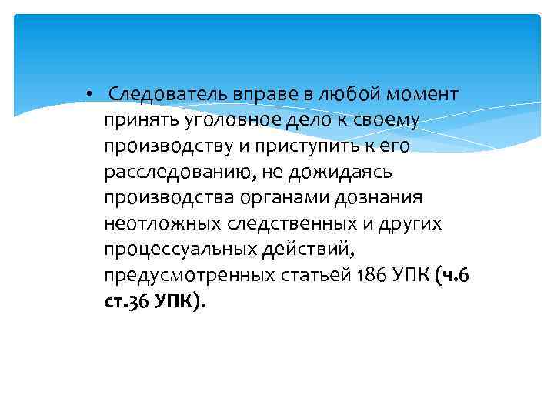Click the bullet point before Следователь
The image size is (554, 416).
pos(90,95)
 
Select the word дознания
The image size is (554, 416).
pos(379,198)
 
